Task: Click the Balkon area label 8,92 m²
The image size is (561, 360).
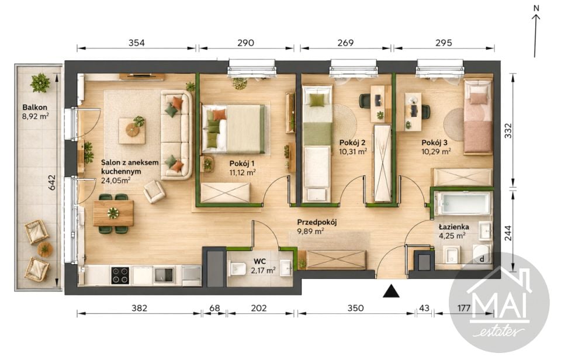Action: pyautogui.click(x=36, y=116)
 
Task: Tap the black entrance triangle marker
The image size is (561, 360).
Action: pyautogui.click(x=391, y=291)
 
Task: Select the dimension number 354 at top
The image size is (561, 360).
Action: pyautogui.click(x=137, y=43)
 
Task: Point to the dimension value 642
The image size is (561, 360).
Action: pyautogui.click(x=52, y=182)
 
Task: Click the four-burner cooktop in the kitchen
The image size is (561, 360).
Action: pyautogui.click(x=120, y=275)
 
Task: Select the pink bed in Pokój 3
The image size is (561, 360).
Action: pyautogui.click(x=478, y=117)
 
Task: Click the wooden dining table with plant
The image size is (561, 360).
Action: pyautogui.click(x=113, y=213)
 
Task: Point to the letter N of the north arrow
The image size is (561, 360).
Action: pyautogui.click(x=536, y=7)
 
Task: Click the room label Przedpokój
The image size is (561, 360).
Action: pyautogui.click(x=317, y=222)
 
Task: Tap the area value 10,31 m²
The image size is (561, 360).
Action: pyautogui.click(x=353, y=151)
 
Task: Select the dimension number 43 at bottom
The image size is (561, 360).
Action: pyautogui.click(x=424, y=308)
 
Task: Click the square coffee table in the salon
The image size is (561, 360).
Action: pyautogui.click(x=133, y=130)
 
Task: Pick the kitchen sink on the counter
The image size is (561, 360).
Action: pyautogui.click(x=164, y=275)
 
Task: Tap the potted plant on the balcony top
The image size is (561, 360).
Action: pyautogui.click(x=40, y=83)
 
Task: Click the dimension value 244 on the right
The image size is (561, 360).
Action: pyautogui.click(x=508, y=233)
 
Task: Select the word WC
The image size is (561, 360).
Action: pyautogui.click(x=259, y=261)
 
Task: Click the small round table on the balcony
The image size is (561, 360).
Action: pyautogui.click(x=45, y=249)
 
